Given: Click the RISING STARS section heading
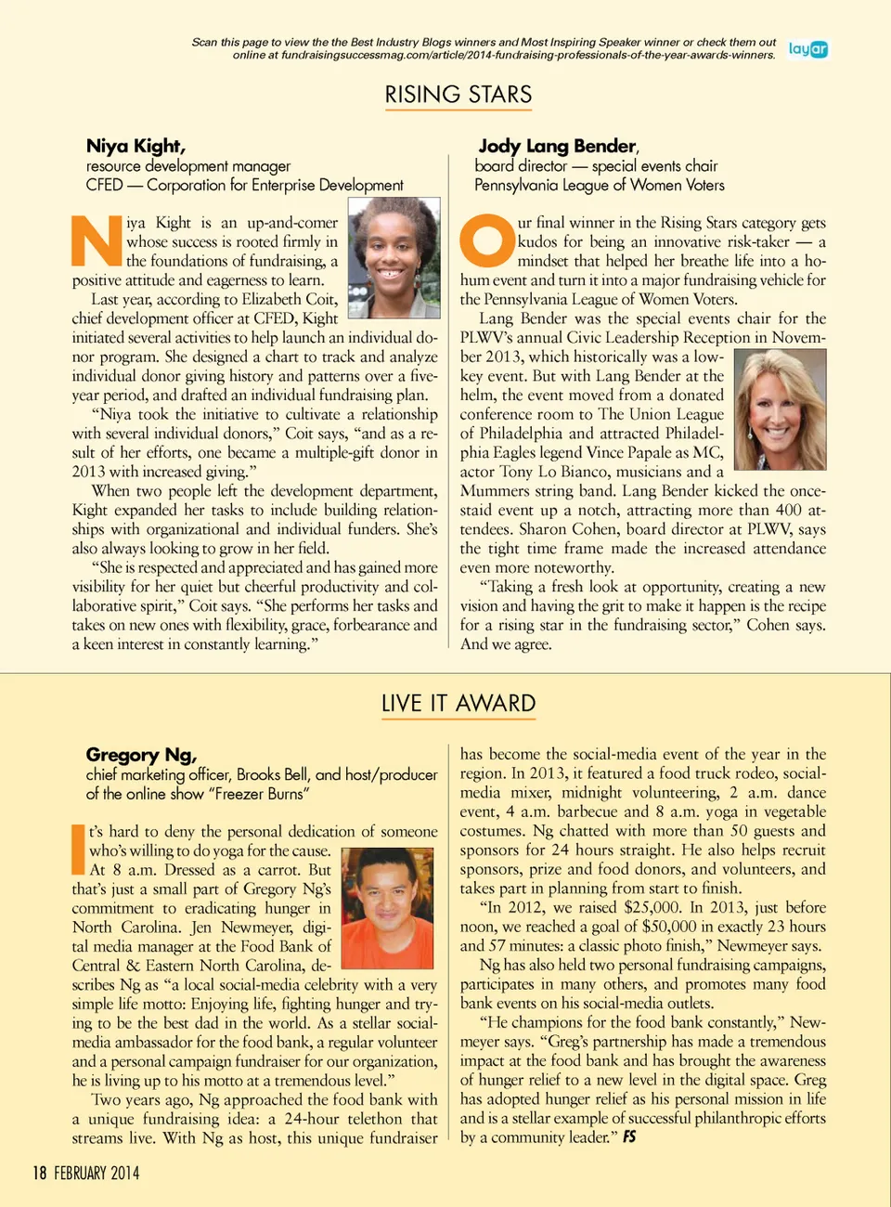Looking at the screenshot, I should click(458, 95).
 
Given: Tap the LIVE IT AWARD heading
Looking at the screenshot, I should click(458, 703).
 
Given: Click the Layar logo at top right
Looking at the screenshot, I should click(807, 49).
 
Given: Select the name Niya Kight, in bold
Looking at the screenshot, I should click(136, 146).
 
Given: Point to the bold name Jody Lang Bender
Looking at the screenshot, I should click(557, 146).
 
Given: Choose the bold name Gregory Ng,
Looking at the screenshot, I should click(141, 755).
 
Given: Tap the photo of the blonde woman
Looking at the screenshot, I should click(779, 409).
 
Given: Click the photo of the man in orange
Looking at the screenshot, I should click(387, 907).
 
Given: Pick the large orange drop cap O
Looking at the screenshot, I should click(486, 241).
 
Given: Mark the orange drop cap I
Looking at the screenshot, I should click(78, 850).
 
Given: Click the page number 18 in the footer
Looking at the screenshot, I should click(39, 1173).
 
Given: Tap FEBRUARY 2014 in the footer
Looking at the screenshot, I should click(97, 1173).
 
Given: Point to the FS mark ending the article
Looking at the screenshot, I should click(629, 1136).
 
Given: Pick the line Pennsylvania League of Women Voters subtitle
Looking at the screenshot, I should click(600, 185).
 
